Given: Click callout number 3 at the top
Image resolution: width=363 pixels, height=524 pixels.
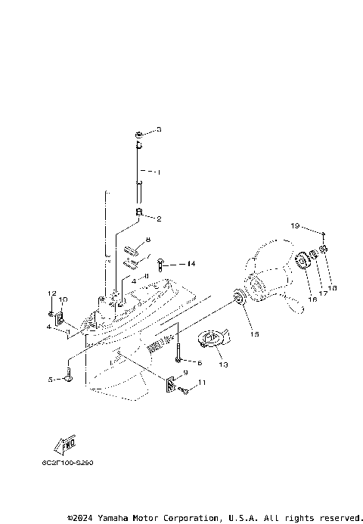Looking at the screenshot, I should tap(159, 130).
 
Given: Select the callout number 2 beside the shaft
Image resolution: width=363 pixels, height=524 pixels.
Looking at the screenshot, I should tap(159, 219).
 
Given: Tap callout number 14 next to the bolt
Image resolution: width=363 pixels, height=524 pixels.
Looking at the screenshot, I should tap(191, 264).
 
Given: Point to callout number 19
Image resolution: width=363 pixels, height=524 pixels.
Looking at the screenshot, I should tap(296, 225).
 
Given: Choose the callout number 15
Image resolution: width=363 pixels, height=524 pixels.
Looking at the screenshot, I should tap(254, 333).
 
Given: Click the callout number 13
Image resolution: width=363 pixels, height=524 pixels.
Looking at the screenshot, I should tap(223, 364).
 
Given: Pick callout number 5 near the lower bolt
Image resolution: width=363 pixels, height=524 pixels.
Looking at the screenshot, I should tap(51, 380).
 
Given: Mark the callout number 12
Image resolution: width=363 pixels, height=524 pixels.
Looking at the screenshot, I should tap(53, 293).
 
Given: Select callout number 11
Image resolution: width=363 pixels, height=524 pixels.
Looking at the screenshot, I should tap(201, 383).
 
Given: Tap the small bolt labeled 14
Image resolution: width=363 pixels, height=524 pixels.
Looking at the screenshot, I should tap(162, 264).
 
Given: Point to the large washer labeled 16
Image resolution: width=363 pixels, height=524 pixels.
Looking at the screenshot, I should tap(302, 261).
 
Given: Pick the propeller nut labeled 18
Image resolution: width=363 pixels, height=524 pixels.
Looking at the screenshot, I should tap(324, 250).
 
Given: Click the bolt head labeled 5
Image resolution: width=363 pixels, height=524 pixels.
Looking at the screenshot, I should tap(68, 376).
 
